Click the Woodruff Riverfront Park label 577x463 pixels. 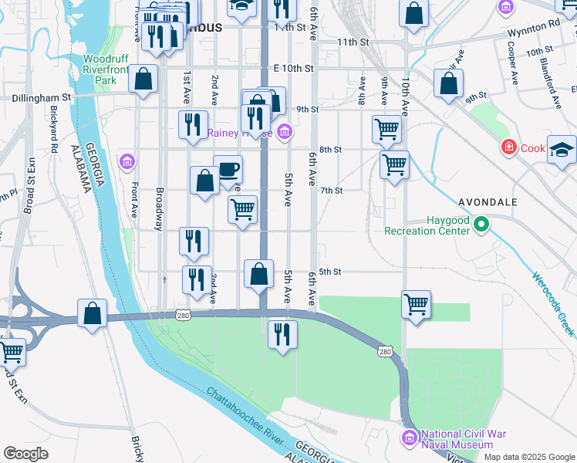(100, 69)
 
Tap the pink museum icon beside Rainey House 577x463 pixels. (285, 133)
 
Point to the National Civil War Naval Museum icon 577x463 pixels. (409, 438)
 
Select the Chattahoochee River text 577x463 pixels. (248, 417)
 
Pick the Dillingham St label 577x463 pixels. (41, 98)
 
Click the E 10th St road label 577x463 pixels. (293, 69)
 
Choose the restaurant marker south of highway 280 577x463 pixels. (282, 333)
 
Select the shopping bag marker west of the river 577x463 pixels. (92, 313)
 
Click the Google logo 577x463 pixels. (25, 454)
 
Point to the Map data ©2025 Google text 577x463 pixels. (529, 457)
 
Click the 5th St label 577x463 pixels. (330, 272)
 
